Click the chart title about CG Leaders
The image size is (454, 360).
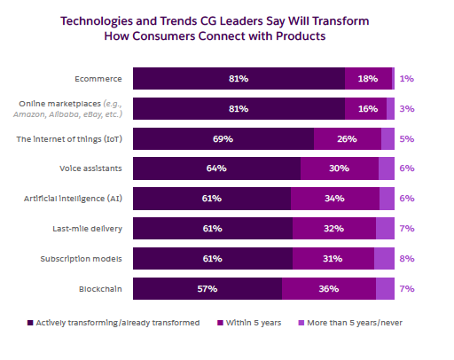(x=227, y=28)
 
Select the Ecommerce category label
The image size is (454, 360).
(x=101, y=78)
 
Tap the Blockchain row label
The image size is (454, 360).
(x=102, y=288)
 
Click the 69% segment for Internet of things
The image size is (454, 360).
(x=223, y=138)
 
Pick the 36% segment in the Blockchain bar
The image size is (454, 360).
(x=329, y=288)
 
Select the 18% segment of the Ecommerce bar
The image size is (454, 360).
(x=368, y=78)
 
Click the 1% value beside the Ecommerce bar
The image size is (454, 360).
(x=406, y=78)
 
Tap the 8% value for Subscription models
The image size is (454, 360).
(x=406, y=258)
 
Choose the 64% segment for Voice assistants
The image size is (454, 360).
(x=216, y=168)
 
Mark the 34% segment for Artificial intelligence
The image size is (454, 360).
(x=334, y=199)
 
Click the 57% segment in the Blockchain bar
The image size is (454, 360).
(x=207, y=288)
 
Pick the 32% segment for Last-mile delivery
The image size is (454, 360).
(x=333, y=229)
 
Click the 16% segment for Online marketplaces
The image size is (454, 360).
(x=365, y=108)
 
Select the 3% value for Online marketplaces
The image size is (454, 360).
(x=406, y=108)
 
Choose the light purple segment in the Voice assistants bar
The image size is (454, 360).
(x=387, y=168)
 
